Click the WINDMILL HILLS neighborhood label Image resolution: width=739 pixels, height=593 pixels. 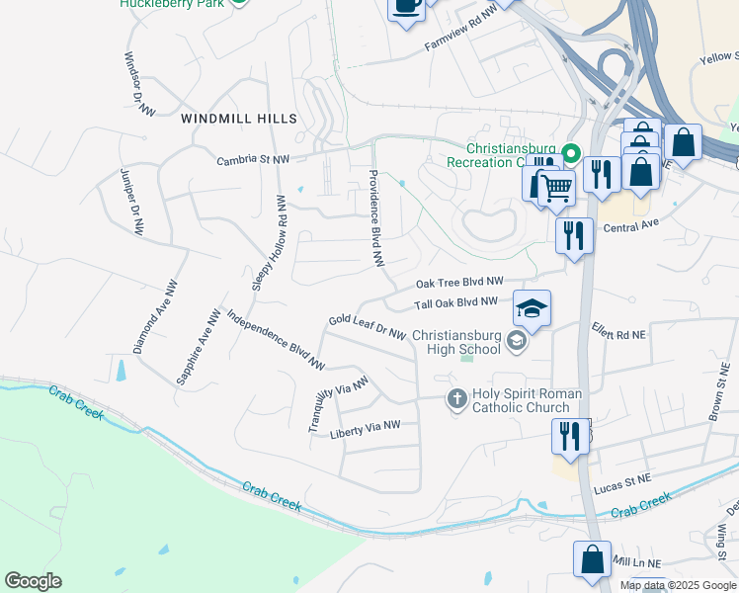pos(239,119)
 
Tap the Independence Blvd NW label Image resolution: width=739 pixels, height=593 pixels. pos(276,340)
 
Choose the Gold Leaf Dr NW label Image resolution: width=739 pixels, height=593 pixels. pos(368,326)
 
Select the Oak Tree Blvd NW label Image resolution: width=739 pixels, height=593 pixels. pos(459,282)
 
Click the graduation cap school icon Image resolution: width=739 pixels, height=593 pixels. pos(532,309)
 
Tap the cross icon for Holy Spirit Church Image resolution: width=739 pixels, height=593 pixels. pos(456,399)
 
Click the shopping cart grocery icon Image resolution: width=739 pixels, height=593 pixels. pos(557,186)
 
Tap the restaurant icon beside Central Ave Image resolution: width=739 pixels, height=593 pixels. pos(574,236)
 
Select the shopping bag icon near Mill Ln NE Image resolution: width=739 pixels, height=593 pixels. pos(592,559)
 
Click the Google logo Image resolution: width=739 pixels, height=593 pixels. pos(34,581)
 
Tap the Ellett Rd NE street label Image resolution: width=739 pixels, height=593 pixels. pos(618,335)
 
